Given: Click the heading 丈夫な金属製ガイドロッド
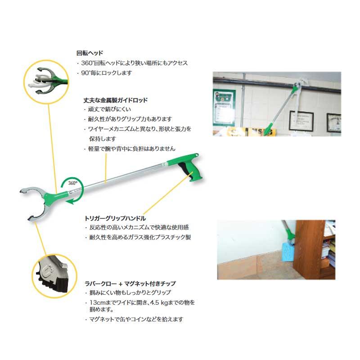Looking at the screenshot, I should click(x=116, y=100).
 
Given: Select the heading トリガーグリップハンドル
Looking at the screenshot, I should click(x=115, y=218).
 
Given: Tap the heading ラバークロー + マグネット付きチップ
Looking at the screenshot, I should click(x=130, y=284).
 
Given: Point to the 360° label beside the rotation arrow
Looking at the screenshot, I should click(x=73, y=183).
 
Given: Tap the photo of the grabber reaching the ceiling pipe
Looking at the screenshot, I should click(x=276, y=103).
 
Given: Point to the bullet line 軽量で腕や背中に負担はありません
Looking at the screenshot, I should click(x=131, y=148).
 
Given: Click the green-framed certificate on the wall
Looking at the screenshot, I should click(x=224, y=107).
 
